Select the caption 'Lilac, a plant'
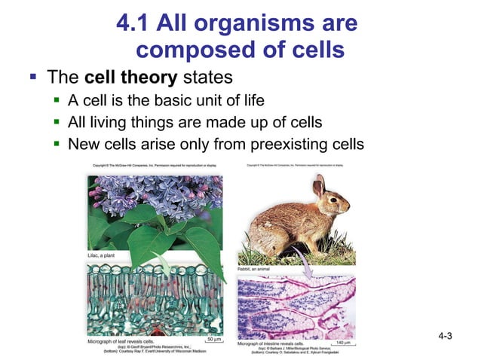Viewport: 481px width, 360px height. point(103,256)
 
